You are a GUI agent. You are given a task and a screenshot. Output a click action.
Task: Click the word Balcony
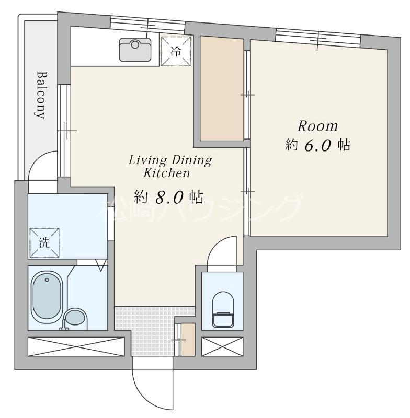[x=41, y=95]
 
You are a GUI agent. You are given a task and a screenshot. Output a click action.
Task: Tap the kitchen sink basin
[x=135, y=50]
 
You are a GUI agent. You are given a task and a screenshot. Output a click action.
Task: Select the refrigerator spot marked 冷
[x=176, y=51]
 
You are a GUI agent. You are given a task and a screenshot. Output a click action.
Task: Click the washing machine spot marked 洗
[x=44, y=242]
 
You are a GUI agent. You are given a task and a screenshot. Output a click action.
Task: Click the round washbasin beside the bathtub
[x=76, y=317]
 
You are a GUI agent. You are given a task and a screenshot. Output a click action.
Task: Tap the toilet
[x=223, y=309]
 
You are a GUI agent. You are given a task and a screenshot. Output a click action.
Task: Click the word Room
[x=317, y=126]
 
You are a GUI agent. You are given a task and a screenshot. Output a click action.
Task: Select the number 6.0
[x=318, y=146]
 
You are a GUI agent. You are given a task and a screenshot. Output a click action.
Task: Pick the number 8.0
[x=169, y=198]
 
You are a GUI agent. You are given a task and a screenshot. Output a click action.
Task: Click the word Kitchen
[x=167, y=173]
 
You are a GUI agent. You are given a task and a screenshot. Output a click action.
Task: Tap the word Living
[x=147, y=161]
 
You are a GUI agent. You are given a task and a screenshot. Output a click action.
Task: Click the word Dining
[x=191, y=160]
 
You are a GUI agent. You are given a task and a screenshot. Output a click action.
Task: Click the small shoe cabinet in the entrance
[x=188, y=339]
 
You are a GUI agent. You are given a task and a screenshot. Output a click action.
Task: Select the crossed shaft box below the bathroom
[x=76, y=346]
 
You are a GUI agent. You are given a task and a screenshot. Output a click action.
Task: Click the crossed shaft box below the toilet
[x=222, y=346]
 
